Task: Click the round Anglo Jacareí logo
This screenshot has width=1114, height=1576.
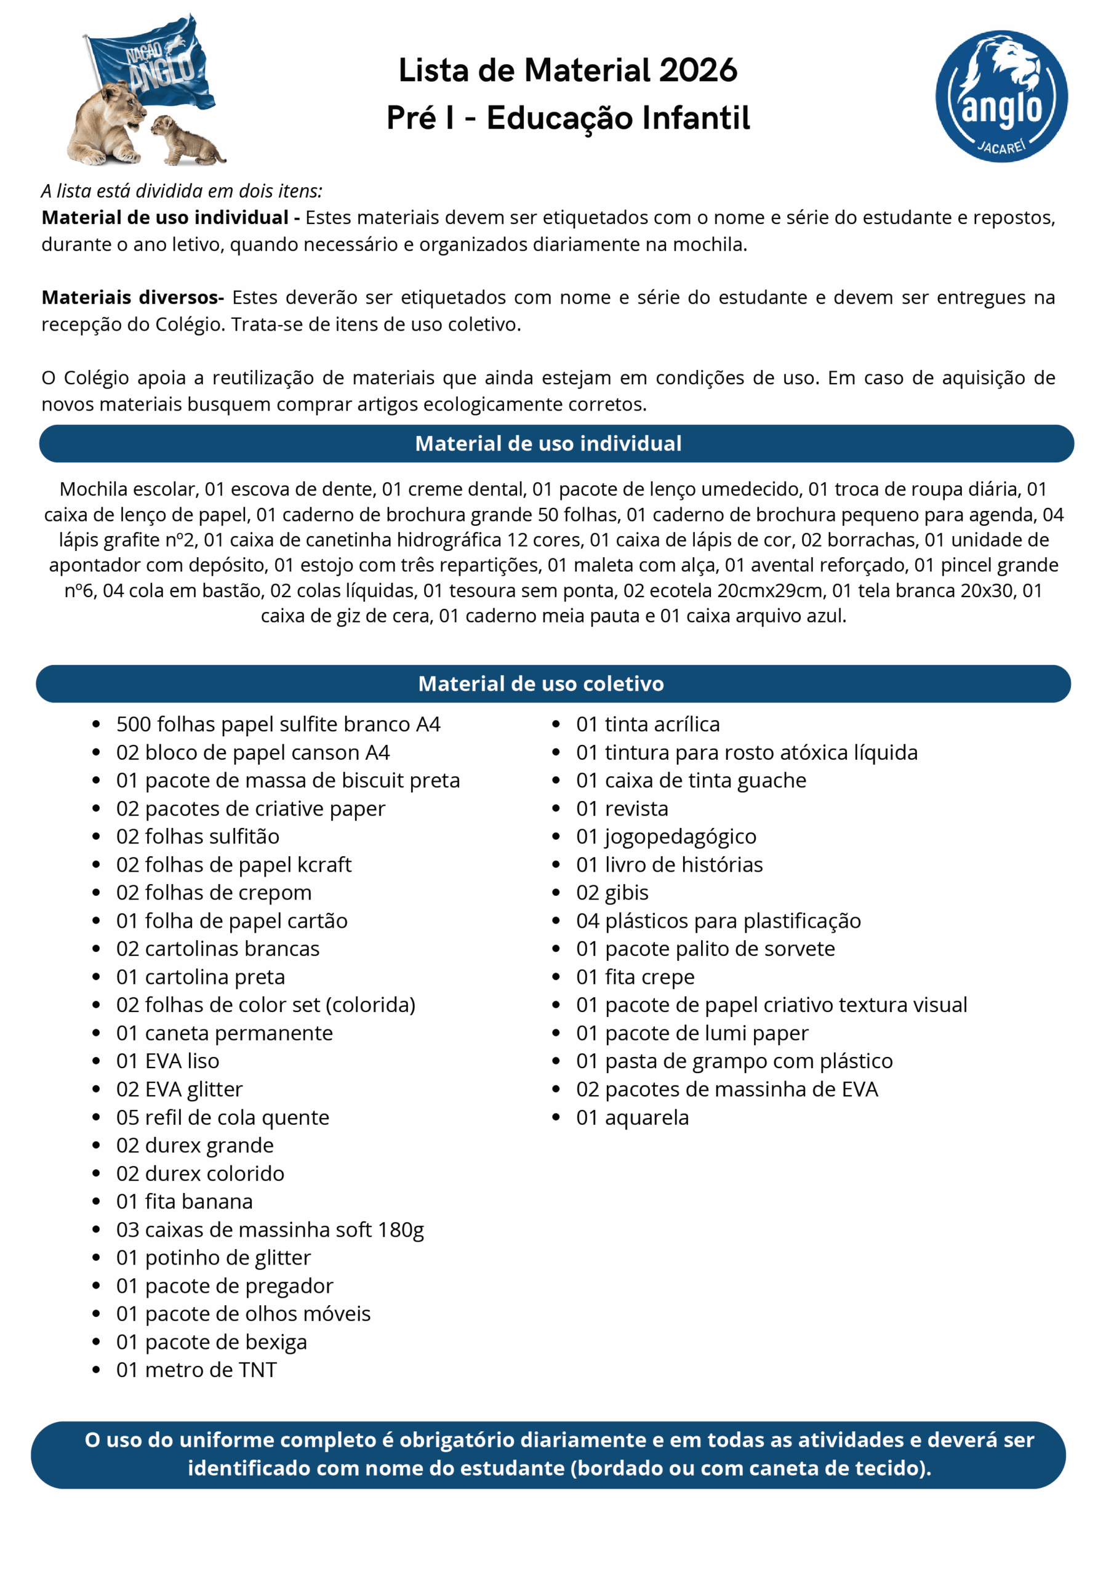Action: point(1001,96)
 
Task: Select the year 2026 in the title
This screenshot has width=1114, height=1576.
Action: point(697,71)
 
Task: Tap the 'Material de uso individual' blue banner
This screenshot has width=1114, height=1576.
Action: point(556,443)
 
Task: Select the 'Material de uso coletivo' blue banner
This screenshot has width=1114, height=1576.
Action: point(553,684)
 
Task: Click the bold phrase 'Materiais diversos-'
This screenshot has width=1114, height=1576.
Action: point(132,297)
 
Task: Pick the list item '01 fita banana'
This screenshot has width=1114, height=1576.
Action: point(184,1201)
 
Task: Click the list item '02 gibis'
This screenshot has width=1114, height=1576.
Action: point(612,892)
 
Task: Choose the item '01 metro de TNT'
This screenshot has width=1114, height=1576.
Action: point(196,1369)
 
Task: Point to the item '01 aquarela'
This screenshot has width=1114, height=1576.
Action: point(632,1117)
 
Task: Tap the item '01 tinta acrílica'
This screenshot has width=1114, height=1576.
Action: point(647,724)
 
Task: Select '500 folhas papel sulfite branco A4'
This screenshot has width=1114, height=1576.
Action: point(278,724)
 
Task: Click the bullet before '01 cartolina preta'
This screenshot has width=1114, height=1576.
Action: point(96,978)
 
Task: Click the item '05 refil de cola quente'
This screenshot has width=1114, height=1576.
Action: point(222,1117)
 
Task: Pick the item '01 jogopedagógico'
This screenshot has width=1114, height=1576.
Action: point(666,837)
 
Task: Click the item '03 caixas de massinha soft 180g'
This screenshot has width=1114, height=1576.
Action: point(270,1229)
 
